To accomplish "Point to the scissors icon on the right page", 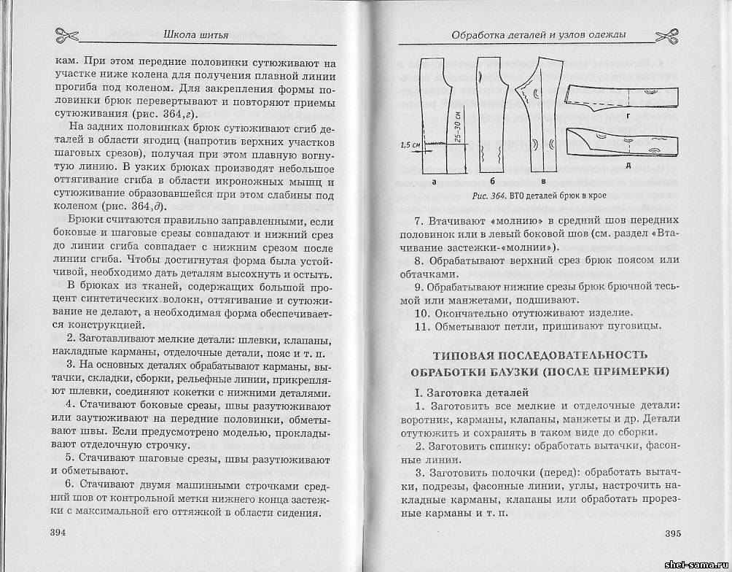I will pyautogui.click(x=666, y=34).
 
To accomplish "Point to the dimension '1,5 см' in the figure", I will pyautogui.click(x=410, y=144).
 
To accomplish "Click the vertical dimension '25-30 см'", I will pyautogui.click(x=457, y=129).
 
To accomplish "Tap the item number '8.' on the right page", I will pyautogui.click(x=418, y=260).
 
